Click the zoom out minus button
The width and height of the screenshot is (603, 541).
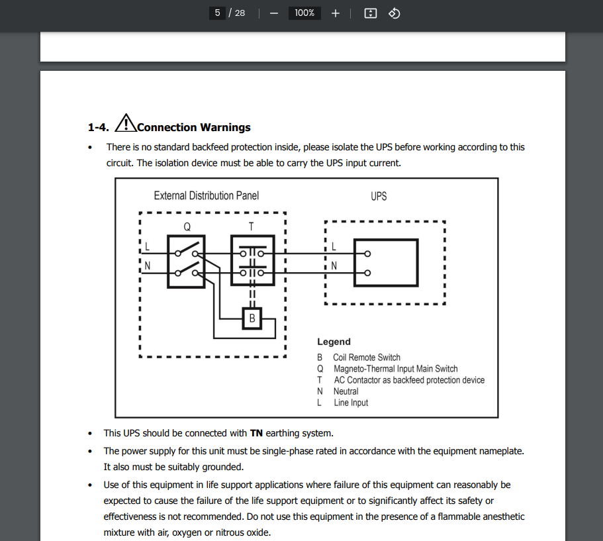pyautogui.click(x=274, y=13)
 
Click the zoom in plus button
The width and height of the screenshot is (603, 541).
pyautogui.click(x=336, y=13)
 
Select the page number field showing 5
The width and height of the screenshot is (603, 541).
pyautogui.click(x=217, y=13)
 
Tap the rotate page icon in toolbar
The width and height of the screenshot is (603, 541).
pyautogui.click(x=394, y=13)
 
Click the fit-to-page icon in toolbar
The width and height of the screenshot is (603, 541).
pyautogui.click(x=371, y=13)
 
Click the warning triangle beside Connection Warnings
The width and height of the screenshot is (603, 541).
pyautogui.click(x=125, y=124)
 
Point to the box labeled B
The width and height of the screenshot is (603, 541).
pyautogui.click(x=252, y=319)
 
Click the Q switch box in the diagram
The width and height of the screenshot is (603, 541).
pyautogui.click(x=187, y=261)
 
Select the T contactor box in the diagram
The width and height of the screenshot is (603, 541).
pyautogui.click(x=252, y=261)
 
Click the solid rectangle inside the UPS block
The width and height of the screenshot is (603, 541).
pyautogui.click(x=386, y=262)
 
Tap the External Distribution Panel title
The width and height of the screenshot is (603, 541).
pyautogui.click(x=206, y=196)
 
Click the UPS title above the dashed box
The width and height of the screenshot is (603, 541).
pyautogui.click(x=379, y=197)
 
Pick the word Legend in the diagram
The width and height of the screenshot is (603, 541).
pyautogui.click(x=334, y=342)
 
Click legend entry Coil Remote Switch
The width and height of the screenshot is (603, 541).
pyautogui.click(x=366, y=358)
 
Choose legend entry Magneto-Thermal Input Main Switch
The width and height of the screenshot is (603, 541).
pyautogui.click(x=395, y=369)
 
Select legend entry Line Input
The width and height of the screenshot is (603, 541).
pyautogui.click(x=351, y=403)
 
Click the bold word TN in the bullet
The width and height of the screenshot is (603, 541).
pyautogui.click(x=257, y=434)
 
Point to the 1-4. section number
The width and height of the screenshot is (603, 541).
pyautogui.click(x=98, y=127)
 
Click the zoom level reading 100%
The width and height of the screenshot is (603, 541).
pyautogui.click(x=304, y=13)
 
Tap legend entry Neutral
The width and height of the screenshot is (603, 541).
pyautogui.click(x=346, y=391)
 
